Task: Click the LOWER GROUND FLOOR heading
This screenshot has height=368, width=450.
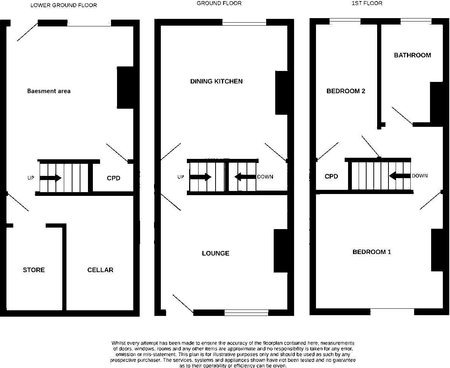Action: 63,5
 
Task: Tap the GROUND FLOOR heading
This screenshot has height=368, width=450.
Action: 219,3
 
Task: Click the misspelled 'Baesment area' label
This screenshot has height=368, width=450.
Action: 49,91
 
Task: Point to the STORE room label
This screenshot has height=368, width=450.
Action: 34,270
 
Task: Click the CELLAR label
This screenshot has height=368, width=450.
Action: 100,270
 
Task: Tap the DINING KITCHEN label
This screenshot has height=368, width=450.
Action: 216,81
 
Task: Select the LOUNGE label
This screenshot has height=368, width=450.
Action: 216,253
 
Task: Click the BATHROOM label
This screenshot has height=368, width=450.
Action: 412,55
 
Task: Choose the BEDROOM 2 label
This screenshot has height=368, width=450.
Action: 346,91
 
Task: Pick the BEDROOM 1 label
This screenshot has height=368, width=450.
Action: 371,252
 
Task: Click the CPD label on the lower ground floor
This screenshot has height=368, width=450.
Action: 113,178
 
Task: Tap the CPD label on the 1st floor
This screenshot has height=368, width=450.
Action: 331,176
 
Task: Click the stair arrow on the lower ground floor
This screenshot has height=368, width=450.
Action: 50,178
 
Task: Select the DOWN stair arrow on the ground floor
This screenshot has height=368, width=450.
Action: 245,177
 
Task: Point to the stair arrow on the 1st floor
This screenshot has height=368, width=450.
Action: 400,176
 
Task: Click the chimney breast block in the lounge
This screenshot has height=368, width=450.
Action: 280,251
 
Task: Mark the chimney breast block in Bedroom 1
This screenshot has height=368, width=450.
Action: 437,250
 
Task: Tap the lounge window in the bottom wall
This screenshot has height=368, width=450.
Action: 246,313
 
